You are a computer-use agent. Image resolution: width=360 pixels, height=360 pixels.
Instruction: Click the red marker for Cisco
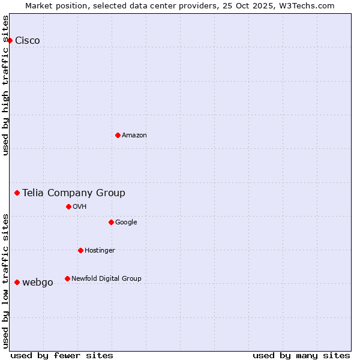[x=10, y=40]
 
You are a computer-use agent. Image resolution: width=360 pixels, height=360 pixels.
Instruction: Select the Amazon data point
[x=118, y=135]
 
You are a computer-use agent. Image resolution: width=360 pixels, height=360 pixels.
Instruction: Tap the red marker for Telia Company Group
[x=17, y=193]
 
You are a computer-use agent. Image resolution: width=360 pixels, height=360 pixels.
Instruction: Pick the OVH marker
[x=68, y=206]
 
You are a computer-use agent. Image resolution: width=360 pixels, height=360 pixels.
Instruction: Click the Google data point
[x=111, y=222]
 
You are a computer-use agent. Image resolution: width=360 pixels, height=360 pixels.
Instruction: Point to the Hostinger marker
[x=80, y=250]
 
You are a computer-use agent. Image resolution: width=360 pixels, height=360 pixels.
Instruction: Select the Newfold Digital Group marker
[x=67, y=278]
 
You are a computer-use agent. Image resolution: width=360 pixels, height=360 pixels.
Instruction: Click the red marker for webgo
[x=17, y=282]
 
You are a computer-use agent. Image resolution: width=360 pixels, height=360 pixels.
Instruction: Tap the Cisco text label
[x=28, y=41]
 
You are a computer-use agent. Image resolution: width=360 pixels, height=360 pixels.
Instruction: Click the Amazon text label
[x=134, y=136]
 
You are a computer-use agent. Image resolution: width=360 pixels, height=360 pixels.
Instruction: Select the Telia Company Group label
[x=74, y=193]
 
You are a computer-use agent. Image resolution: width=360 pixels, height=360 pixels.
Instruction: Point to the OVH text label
[x=80, y=207]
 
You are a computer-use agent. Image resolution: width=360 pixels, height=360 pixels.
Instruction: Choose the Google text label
[x=126, y=223]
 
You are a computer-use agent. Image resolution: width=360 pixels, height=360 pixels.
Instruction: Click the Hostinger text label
[x=100, y=251]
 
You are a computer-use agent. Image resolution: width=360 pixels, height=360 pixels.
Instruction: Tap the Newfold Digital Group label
[x=106, y=279]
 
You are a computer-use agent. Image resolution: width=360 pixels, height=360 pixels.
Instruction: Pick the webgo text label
[x=38, y=283]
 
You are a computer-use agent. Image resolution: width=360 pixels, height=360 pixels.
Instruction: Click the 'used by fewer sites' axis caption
[x=62, y=355]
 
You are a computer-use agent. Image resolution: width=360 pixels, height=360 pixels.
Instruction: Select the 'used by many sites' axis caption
[x=301, y=355]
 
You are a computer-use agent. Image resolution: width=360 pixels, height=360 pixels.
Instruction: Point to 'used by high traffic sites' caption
[x=6, y=85]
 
